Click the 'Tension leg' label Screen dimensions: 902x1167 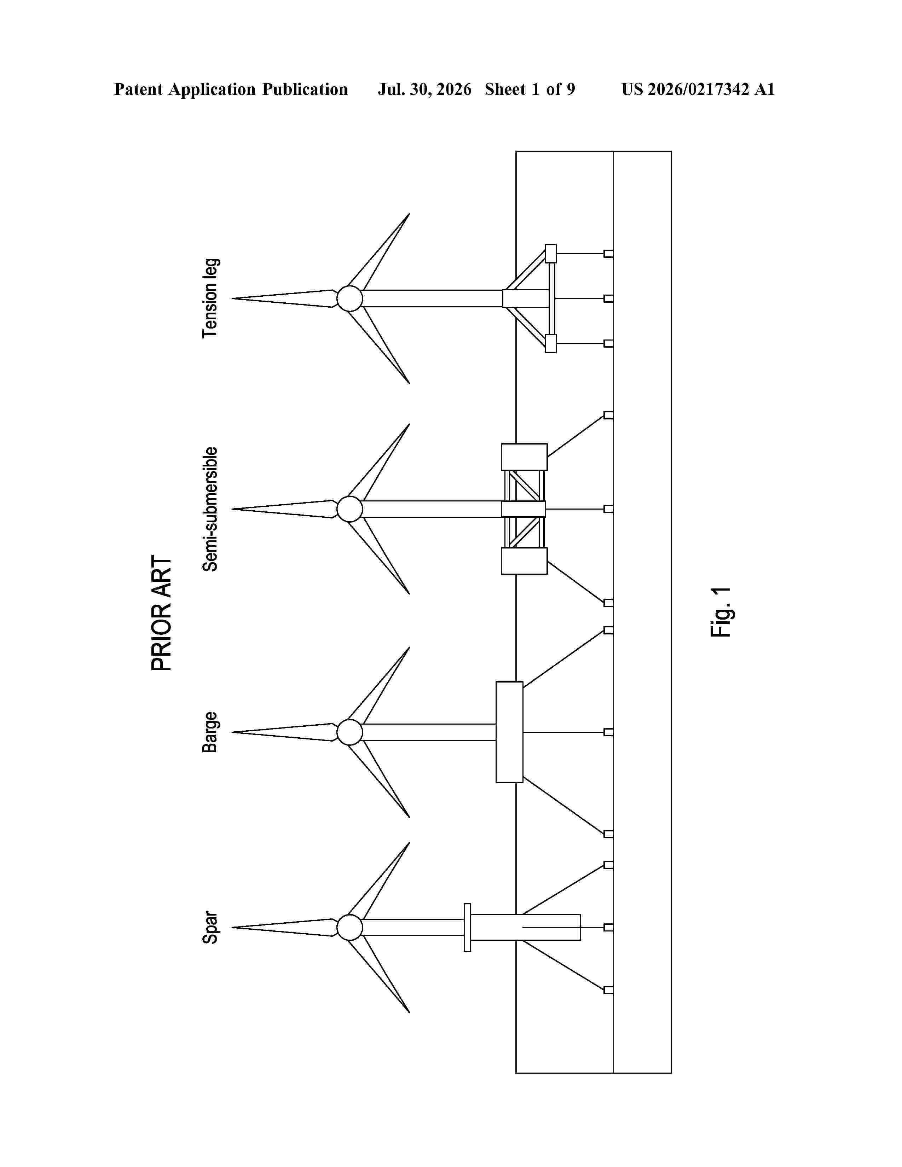pos(210,298)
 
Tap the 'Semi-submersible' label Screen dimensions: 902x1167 pos(210,509)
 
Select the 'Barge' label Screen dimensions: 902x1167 pos(210,732)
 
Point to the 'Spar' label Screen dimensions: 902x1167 pos(210,928)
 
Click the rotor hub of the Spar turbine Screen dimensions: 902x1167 pos(350,927)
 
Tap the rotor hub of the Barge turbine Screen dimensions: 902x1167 pos(350,732)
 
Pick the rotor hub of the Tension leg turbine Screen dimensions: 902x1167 pos(350,298)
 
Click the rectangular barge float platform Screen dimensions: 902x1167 pos(509,732)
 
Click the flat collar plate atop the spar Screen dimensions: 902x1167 pos(468,927)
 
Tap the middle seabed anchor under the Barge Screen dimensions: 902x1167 pos(609,732)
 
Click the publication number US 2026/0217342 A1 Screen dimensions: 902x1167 pos(698,89)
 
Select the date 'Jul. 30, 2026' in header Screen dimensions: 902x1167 pos(425,89)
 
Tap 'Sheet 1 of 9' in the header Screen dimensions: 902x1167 pos(530,89)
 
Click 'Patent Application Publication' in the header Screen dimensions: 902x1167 pos(231,89)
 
